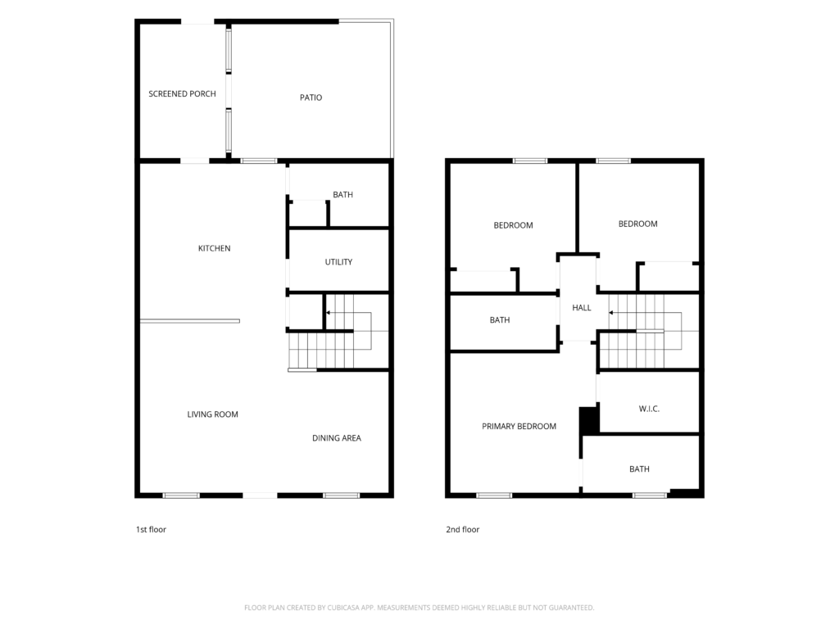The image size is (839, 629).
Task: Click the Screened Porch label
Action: [x=182, y=93]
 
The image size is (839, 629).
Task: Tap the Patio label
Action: [x=311, y=97]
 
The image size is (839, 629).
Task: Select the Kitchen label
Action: [x=214, y=248]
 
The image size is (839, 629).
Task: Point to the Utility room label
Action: [x=338, y=261]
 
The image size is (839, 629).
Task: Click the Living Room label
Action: [x=212, y=414]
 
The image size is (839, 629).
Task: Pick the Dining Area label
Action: [x=337, y=438]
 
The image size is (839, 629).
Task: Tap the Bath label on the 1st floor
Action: [x=343, y=195]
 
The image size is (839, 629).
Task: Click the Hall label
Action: [x=582, y=308]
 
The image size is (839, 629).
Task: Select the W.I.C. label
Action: [x=649, y=409]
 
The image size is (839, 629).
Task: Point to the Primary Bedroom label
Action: [x=519, y=426]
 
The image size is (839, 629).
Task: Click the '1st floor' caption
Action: [x=151, y=530]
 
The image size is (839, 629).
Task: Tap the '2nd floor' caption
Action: [x=463, y=530]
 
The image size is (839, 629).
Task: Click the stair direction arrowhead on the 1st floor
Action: [x=328, y=312]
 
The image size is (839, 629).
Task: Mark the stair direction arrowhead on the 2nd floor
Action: [x=611, y=312]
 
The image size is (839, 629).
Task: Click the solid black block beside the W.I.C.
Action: [x=588, y=421]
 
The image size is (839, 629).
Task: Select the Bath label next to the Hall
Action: [x=500, y=320]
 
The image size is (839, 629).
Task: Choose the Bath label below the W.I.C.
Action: [x=639, y=469]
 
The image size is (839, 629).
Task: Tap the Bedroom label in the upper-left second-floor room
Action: [x=513, y=225]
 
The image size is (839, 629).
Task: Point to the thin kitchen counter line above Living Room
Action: [x=190, y=321]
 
